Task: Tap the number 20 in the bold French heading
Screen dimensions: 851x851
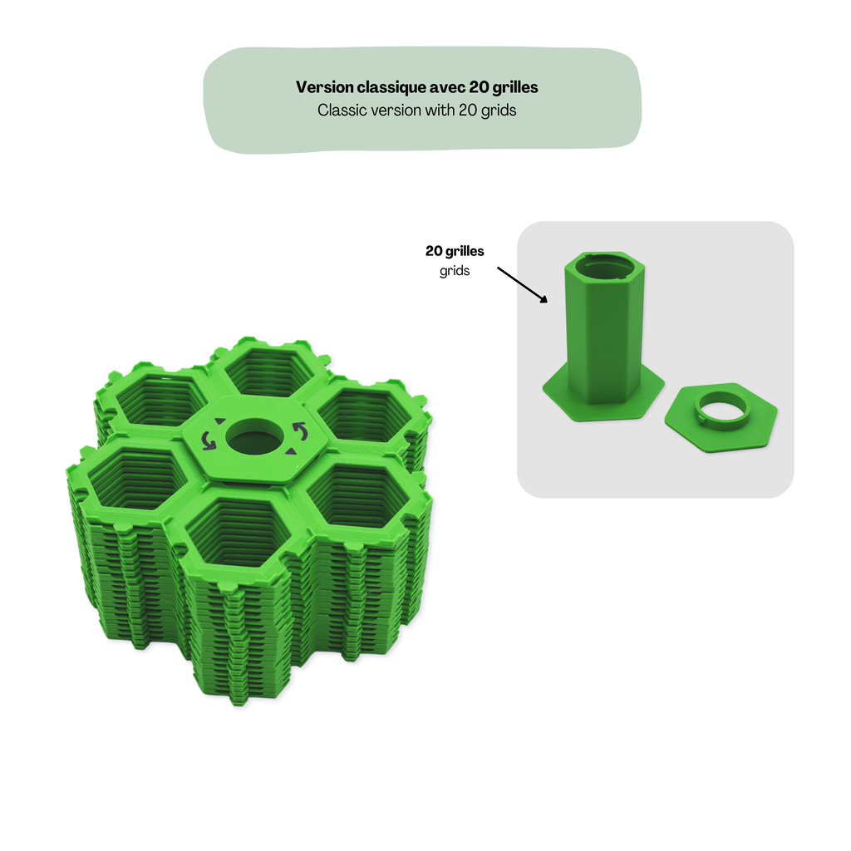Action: click(480, 87)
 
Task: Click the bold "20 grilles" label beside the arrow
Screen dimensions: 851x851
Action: click(455, 251)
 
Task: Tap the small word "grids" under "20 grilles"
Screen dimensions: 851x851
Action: click(455, 271)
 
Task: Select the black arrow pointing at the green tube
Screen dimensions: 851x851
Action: click(522, 284)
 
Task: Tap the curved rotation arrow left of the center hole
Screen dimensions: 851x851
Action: click(209, 440)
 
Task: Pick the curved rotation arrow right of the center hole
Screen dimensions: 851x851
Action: click(300, 431)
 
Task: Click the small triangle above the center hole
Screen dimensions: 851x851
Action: click(219, 421)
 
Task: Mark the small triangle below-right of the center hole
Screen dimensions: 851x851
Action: click(292, 451)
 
